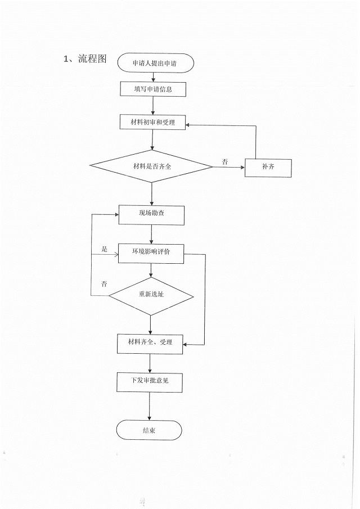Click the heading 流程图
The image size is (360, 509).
tap(92, 59)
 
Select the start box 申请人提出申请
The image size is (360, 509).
tap(156, 63)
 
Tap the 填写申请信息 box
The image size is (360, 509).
tap(152, 89)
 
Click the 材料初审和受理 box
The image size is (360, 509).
tap(152, 122)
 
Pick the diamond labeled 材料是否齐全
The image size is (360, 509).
tap(151, 166)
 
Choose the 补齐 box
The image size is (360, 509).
tap(268, 168)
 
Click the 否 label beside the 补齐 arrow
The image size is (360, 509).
tap(225, 162)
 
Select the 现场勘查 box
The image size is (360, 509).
tap(151, 215)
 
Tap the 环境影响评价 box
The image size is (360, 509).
tap(151, 253)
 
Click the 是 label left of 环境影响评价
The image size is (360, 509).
tap(104, 249)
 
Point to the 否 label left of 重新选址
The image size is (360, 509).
tap(104, 283)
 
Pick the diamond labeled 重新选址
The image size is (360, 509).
tap(151, 296)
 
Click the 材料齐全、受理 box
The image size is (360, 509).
tap(150, 343)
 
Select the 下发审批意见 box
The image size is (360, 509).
tap(150, 381)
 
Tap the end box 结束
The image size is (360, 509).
tap(149, 430)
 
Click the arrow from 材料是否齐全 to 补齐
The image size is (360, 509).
tap(228, 167)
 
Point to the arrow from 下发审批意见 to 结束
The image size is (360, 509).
tap(149, 406)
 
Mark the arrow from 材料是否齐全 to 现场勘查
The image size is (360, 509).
tap(152, 194)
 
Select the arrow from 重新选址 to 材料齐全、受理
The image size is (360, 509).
tap(150, 323)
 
